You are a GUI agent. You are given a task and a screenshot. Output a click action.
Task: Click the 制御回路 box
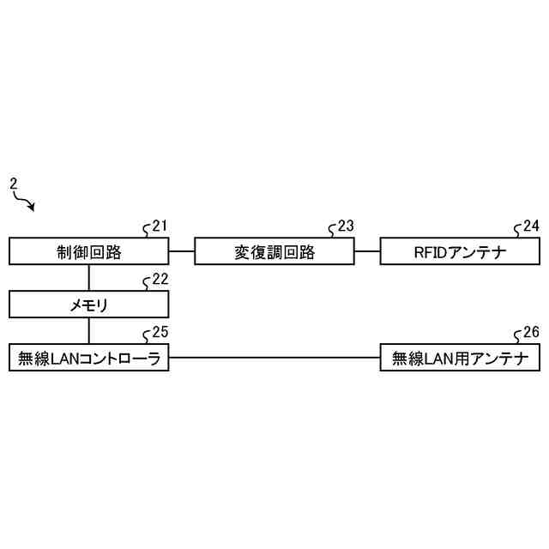click(89, 252)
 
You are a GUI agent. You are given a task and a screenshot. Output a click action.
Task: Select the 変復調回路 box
click(274, 252)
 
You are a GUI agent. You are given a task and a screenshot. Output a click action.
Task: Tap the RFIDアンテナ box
click(460, 252)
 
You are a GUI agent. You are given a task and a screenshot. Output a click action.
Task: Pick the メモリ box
click(89, 305)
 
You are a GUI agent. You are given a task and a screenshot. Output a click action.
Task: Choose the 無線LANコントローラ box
click(89, 358)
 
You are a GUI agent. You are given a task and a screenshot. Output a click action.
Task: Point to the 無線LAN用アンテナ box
click(460, 358)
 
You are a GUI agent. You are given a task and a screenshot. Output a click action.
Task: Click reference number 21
click(159, 226)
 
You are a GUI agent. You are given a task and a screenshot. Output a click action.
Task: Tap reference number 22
click(159, 279)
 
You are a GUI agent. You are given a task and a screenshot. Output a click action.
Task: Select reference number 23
click(345, 226)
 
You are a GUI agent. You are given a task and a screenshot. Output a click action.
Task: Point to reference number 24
click(531, 226)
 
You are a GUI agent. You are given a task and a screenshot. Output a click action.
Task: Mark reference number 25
click(159, 332)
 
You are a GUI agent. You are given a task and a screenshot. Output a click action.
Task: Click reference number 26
click(531, 332)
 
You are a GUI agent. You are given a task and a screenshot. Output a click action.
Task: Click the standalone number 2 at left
click(13, 184)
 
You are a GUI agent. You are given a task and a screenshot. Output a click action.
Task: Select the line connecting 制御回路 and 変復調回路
click(182, 251)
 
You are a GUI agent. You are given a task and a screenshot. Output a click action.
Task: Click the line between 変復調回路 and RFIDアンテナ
click(367, 251)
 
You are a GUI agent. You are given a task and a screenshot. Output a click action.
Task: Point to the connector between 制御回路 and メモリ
click(89, 278)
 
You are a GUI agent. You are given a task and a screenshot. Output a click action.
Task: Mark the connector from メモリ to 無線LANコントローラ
click(89, 331)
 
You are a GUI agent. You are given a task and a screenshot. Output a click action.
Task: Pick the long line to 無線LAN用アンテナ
click(274, 358)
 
